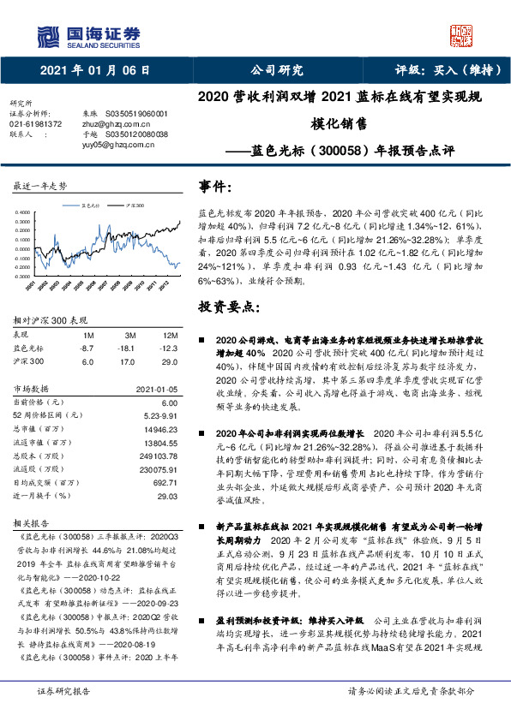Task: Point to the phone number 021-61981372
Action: tap(35, 123)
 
